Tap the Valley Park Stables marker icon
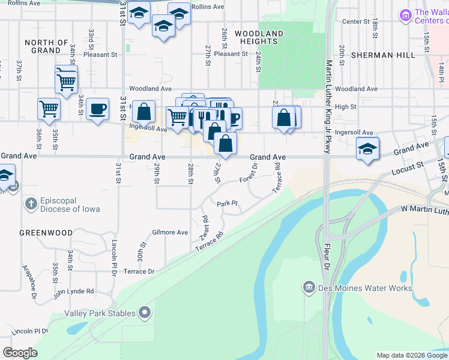(x=145, y=311)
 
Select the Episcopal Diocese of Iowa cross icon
(x=31, y=204)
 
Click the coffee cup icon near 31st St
(x=97, y=109)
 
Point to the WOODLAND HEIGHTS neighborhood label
(x=259, y=38)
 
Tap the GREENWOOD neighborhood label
(x=46, y=233)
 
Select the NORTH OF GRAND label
(x=47, y=47)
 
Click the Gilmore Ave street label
(x=170, y=232)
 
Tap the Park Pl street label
(x=228, y=204)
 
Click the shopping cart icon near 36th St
(x=48, y=109)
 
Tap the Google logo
(x=20, y=353)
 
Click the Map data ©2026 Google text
(x=411, y=355)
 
